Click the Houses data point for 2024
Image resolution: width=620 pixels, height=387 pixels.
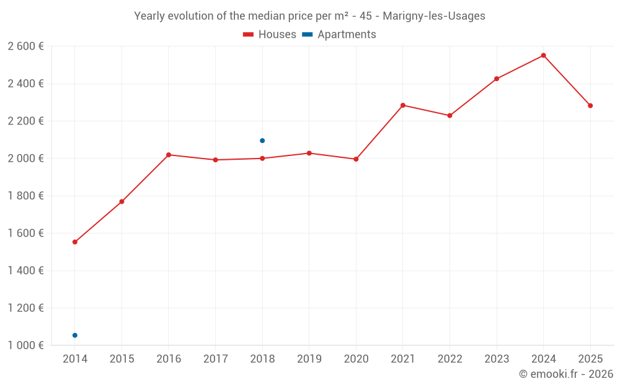click(x=543, y=55)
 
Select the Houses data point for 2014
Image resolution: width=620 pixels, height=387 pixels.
click(x=75, y=242)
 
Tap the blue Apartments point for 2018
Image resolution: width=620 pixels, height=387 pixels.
click(x=262, y=141)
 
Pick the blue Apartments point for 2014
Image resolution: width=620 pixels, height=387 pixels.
click(x=75, y=335)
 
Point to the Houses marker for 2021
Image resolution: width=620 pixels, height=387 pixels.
click(x=403, y=105)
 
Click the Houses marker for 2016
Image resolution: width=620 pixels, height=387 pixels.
click(x=169, y=155)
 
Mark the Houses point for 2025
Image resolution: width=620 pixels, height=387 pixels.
click(x=590, y=106)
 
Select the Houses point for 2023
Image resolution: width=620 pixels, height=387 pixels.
click(x=497, y=79)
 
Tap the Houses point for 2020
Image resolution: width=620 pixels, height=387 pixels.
click(x=356, y=159)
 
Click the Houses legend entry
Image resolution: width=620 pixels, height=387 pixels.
click(x=270, y=35)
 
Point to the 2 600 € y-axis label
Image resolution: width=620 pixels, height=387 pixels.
click(x=25, y=46)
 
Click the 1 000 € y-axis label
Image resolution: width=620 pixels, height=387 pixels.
click(x=25, y=346)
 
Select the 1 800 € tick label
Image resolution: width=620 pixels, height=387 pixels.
click(x=25, y=196)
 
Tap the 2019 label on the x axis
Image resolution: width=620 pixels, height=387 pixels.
click(x=309, y=359)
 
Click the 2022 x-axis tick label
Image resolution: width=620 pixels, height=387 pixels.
click(x=449, y=359)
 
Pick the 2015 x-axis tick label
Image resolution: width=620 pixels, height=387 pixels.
click(x=122, y=359)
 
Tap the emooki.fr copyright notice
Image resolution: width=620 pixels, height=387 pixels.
click(x=565, y=374)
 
